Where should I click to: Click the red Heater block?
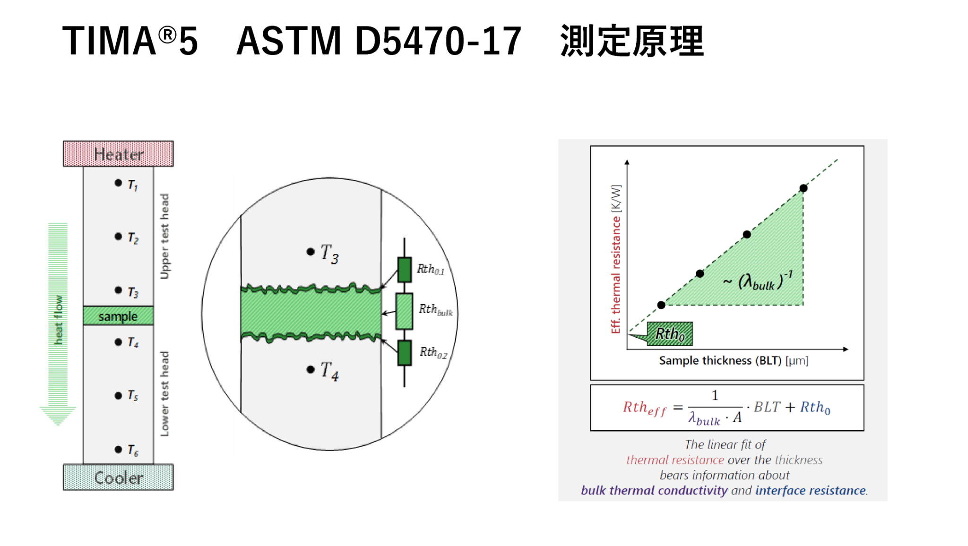click(x=118, y=154)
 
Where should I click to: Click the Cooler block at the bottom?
click(x=118, y=478)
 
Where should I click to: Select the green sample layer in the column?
click(x=118, y=316)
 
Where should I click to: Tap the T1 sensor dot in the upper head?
click(x=118, y=183)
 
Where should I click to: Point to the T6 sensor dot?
click(x=118, y=449)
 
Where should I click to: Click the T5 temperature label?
click(x=133, y=395)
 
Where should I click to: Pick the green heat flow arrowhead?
click(x=58, y=415)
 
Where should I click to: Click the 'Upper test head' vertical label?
click(x=164, y=236)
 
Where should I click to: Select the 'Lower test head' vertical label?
click(x=164, y=393)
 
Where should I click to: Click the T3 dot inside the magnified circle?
click(x=311, y=252)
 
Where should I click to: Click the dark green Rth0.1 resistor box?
click(x=404, y=270)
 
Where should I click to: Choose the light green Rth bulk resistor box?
click(x=404, y=311)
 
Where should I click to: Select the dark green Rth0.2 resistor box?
click(x=404, y=353)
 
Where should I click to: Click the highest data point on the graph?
click(x=804, y=188)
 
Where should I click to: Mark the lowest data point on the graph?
click(x=661, y=305)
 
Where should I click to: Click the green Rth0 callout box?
click(x=670, y=334)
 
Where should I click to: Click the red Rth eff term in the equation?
click(x=644, y=408)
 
